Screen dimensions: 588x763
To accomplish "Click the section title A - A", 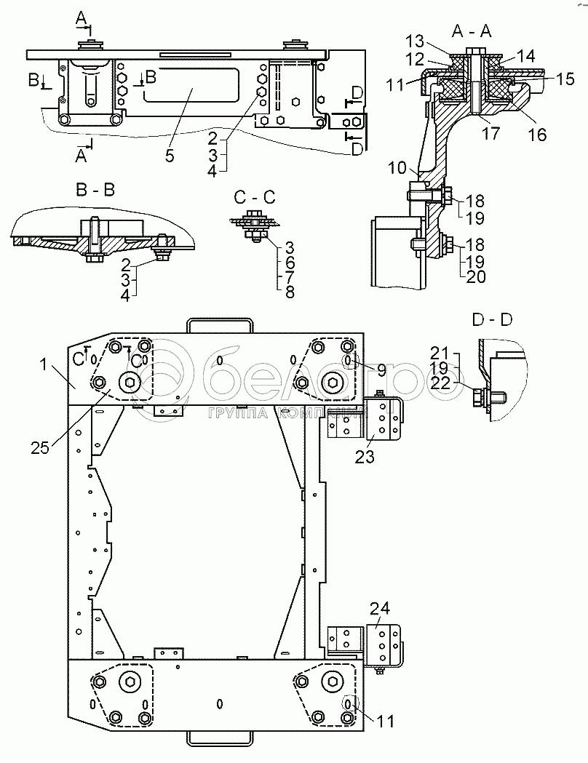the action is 471,31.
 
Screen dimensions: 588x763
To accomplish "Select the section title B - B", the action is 95,190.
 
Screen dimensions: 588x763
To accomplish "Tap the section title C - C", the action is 255,197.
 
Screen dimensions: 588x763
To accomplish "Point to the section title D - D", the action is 492,320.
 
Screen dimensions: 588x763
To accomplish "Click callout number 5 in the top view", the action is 170,156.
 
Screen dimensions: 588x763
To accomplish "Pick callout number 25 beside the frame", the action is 41,447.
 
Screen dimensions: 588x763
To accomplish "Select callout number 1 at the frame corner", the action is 44,364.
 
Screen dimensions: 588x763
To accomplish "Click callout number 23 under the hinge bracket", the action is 365,457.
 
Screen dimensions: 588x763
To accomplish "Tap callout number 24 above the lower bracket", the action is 380,609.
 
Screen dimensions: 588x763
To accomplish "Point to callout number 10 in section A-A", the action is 397,168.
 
